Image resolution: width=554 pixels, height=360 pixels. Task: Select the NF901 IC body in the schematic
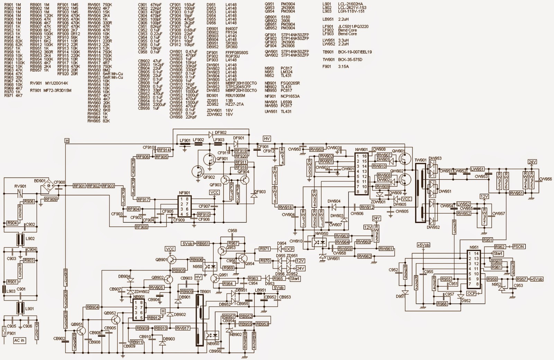(x=184, y=206)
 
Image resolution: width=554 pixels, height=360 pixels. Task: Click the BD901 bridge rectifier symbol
(x=48, y=187)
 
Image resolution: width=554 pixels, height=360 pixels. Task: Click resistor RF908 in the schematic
(x=142, y=227)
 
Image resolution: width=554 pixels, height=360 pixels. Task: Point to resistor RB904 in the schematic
(x=92, y=307)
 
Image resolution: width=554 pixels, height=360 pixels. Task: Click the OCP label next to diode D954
(x=289, y=249)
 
